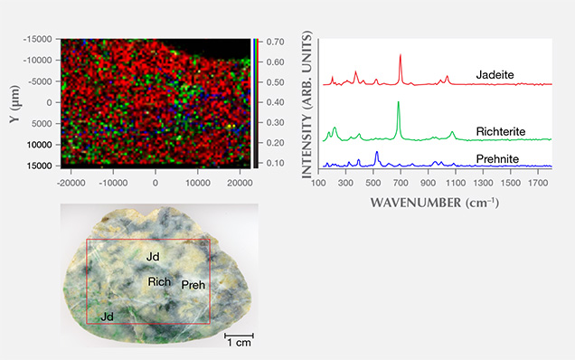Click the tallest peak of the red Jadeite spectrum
pos(400,54)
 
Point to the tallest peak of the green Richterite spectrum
pos(398,102)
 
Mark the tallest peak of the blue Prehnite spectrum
pos(376,153)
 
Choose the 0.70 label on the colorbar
pos(275,42)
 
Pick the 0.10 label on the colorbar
pos(275,163)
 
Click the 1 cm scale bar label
pos(240,344)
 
